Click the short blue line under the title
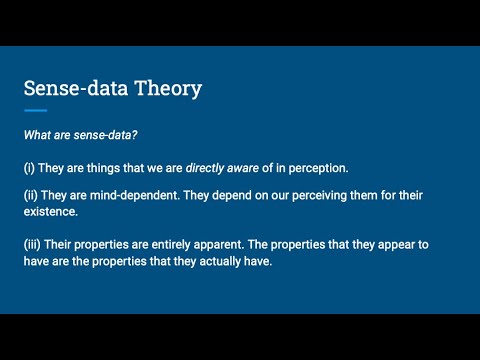[35, 109]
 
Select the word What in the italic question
[40, 133]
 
